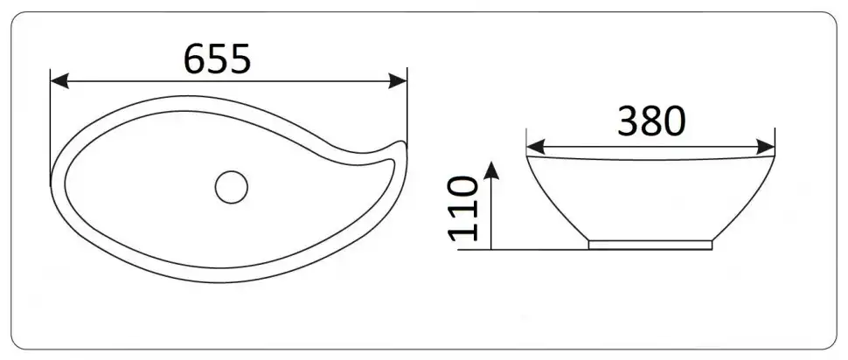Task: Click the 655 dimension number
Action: click(x=218, y=59)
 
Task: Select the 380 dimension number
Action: click(x=651, y=121)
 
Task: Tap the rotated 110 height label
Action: click(x=463, y=208)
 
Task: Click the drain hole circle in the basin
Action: click(x=232, y=187)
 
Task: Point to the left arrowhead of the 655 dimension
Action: click(x=59, y=81)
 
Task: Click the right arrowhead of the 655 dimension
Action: click(x=398, y=81)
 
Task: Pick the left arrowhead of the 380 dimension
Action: click(x=535, y=147)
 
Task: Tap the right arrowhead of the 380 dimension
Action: click(x=766, y=147)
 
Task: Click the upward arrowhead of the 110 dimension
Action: click(x=491, y=170)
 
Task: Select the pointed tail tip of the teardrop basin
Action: click(x=402, y=144)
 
